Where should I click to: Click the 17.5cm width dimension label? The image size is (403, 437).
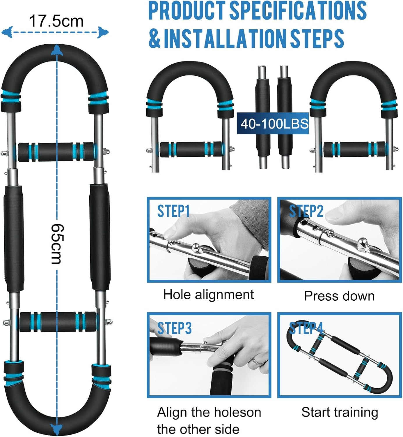point(56,21)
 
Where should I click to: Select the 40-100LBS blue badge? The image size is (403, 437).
point(273,124)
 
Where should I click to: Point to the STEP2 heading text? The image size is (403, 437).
point(306,211)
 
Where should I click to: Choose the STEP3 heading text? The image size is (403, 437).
point(174,328)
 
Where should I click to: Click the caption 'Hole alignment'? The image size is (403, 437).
point(208,294)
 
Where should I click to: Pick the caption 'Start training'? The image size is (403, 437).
point(340,412)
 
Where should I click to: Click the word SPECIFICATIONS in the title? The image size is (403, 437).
point(298,10)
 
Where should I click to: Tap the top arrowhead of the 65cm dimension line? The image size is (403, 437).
point(57,50)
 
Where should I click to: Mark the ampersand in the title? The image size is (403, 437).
point(155,38)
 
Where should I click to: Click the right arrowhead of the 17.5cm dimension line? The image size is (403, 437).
point(103,32)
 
